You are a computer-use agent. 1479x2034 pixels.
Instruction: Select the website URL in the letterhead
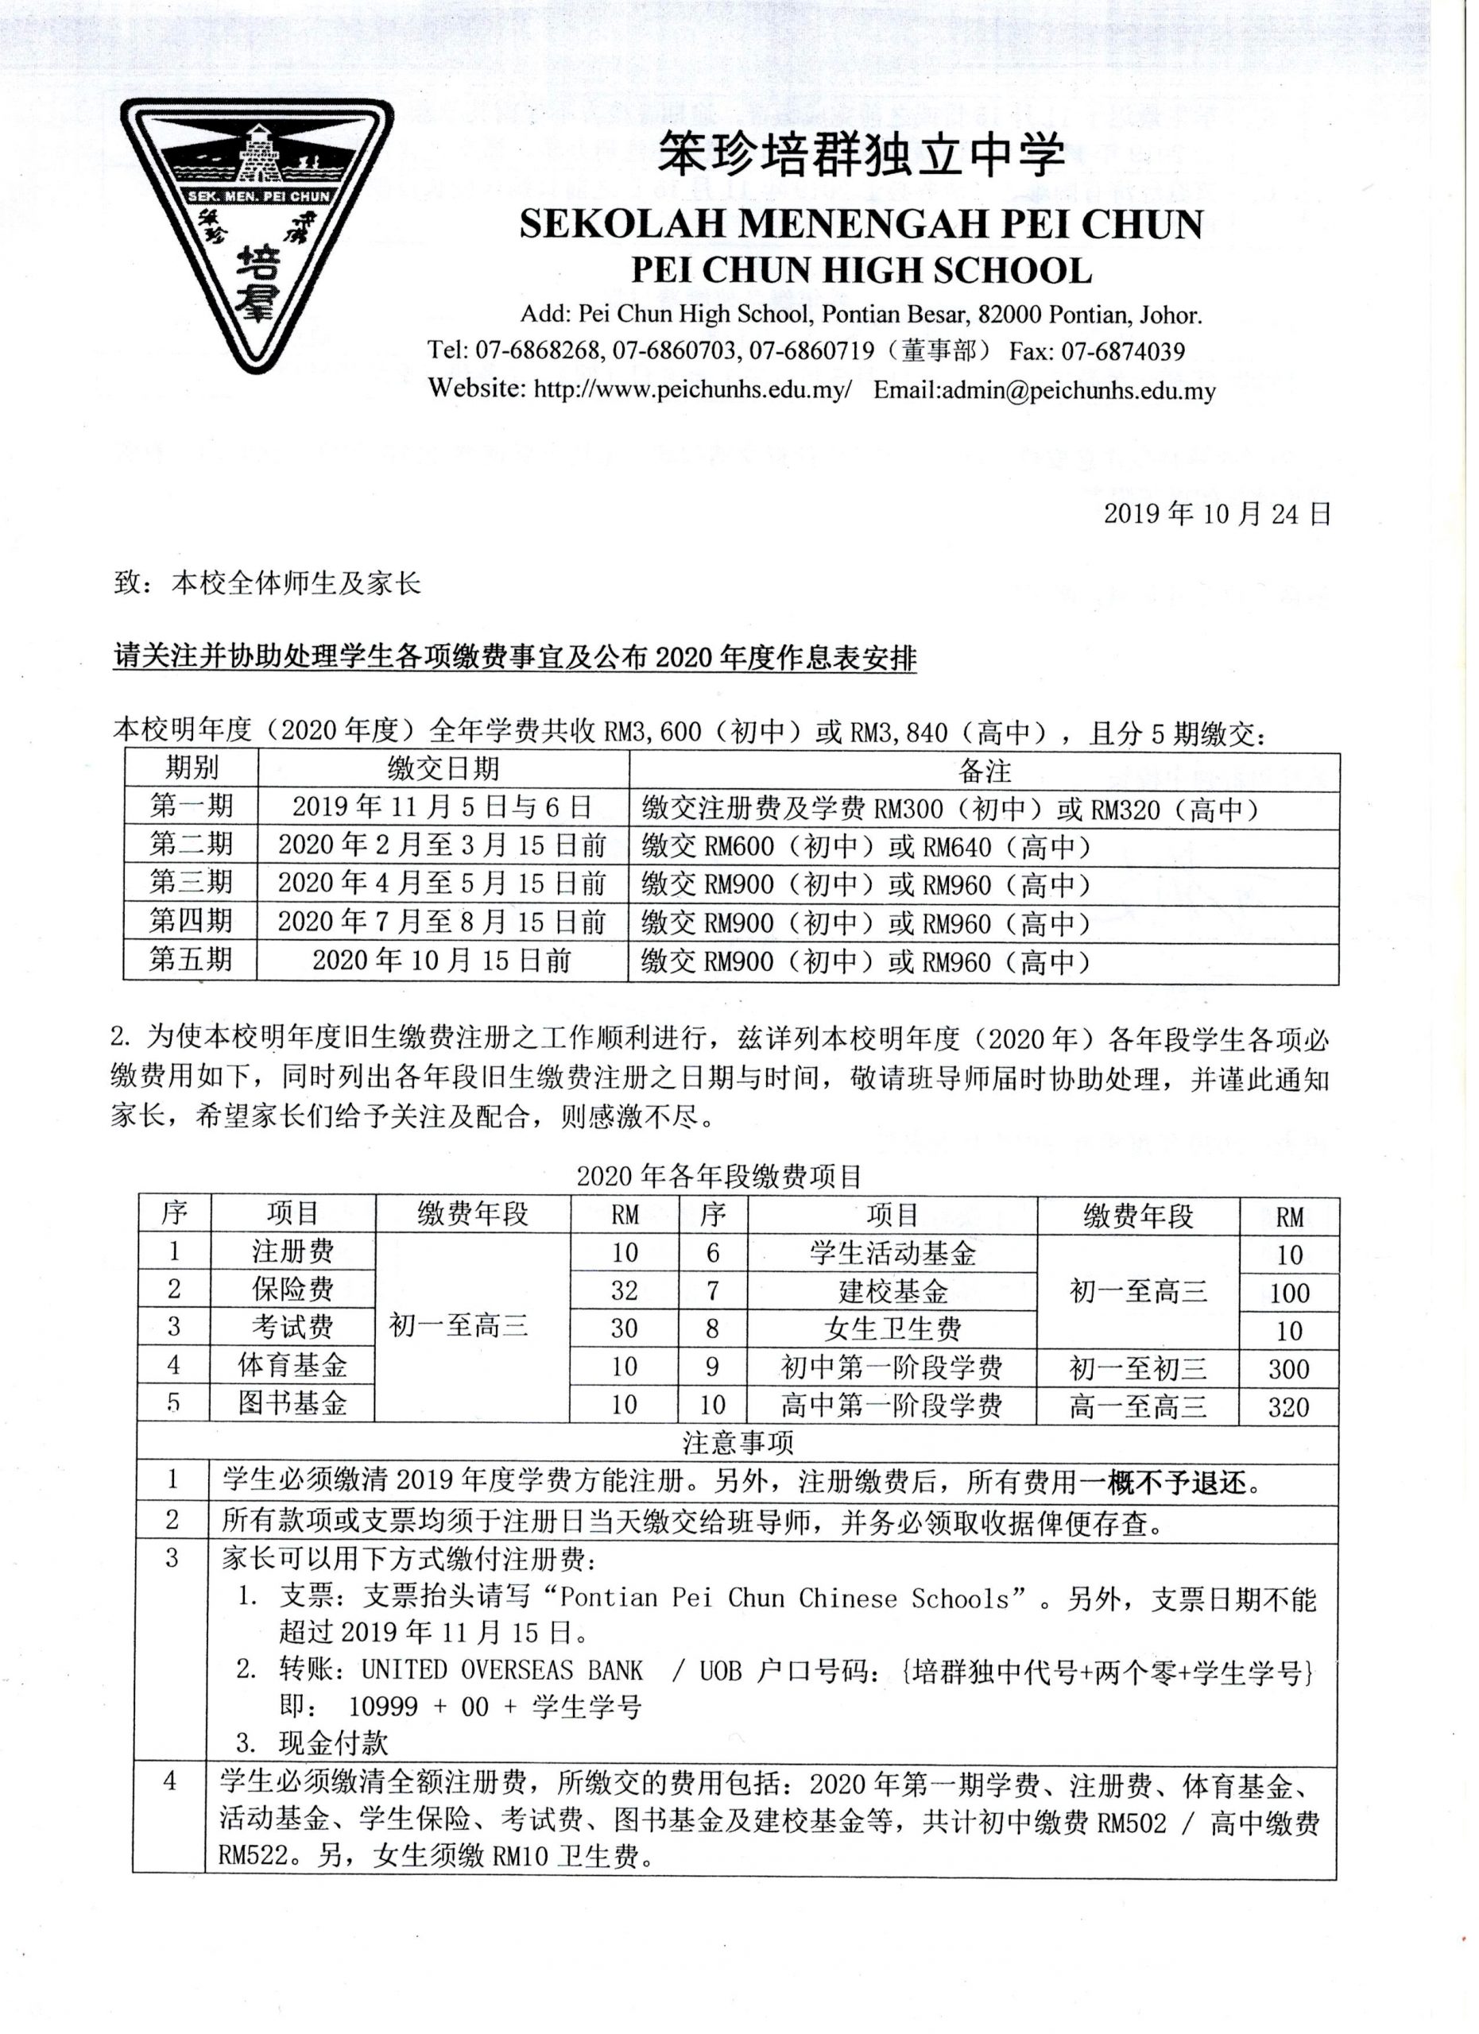coord(691,390)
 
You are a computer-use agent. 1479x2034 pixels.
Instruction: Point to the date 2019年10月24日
coord(1216,514)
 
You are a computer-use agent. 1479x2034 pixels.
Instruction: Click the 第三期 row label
coord(191,884)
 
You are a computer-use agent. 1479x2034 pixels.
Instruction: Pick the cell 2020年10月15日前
coord(442,961)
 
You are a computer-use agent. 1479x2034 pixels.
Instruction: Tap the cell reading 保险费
coord(292,1290)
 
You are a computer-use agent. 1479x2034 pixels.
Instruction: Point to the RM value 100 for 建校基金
coord(1289,1293)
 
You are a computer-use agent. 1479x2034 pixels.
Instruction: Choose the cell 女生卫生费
coord(892,1329)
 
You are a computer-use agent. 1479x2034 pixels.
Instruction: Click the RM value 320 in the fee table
coord(1288,1406)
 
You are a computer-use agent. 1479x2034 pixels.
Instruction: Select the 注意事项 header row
coord(738,1443)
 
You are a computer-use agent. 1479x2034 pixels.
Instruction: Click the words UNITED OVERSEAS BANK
coord(502,1670)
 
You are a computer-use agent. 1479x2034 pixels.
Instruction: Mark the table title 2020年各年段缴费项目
coord(719,1176)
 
